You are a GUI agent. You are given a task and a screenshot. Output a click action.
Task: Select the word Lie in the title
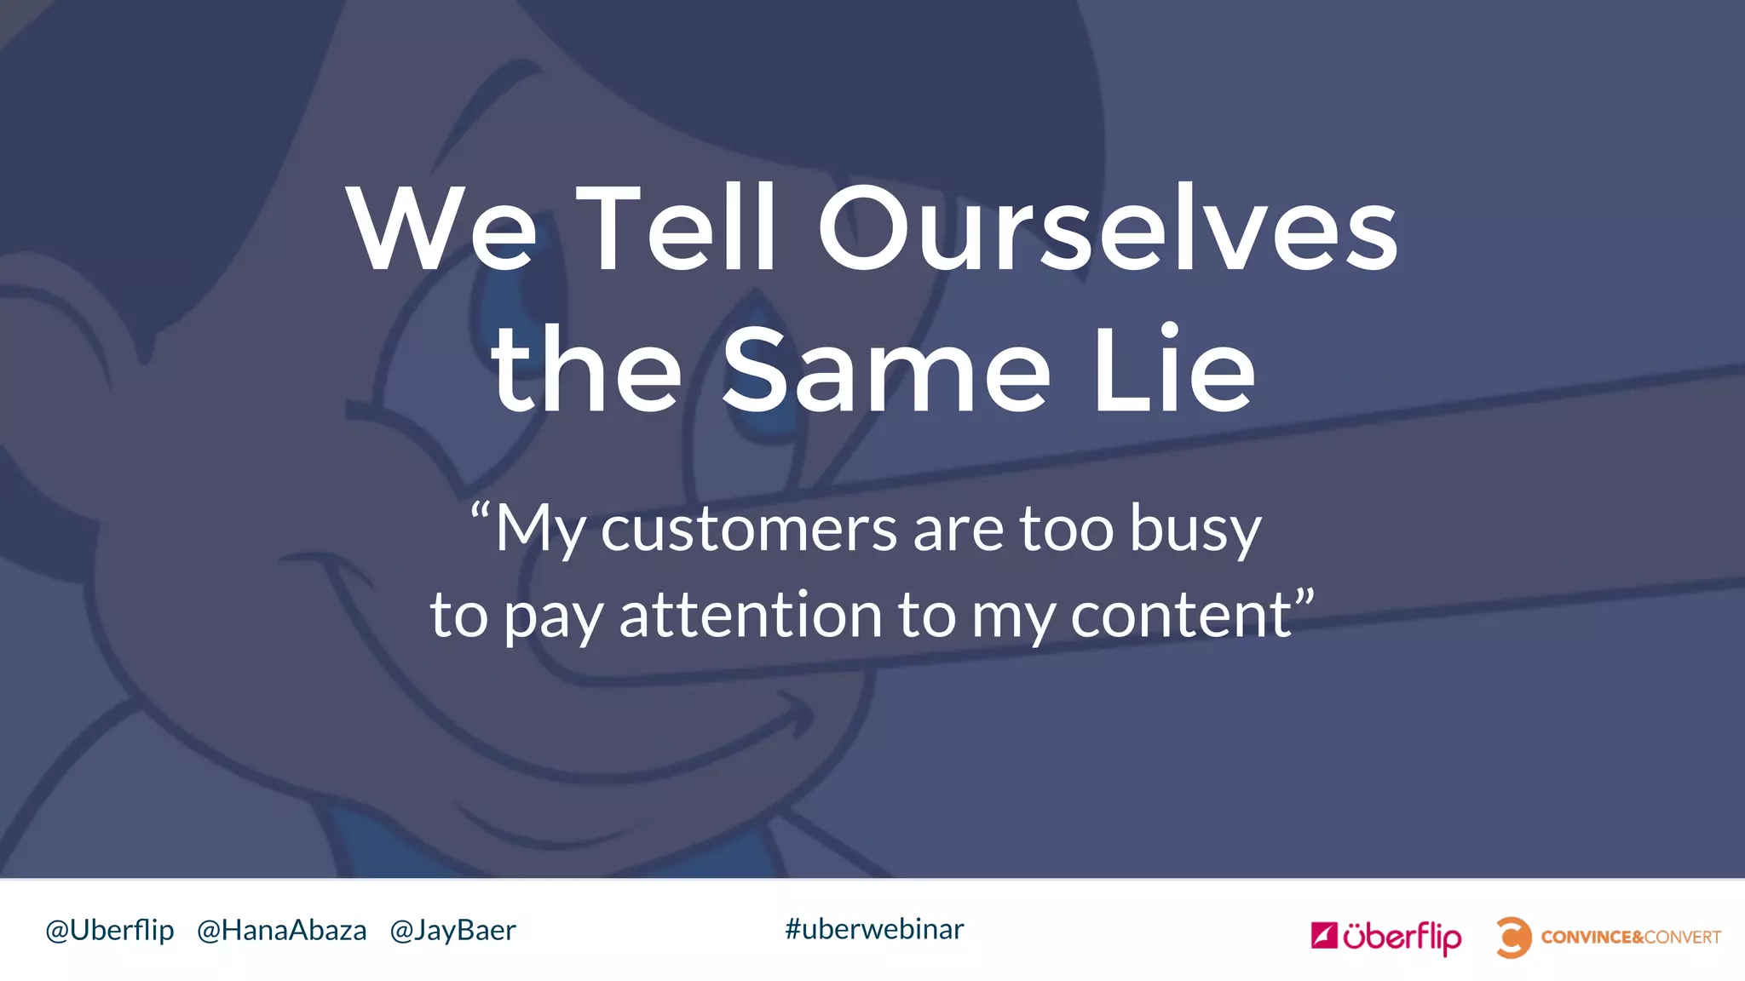click(x=1173, y=370)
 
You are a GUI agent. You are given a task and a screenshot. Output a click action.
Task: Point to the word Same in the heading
click(x=886, y=370)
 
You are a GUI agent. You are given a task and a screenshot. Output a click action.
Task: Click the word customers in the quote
click(x=749, y=529)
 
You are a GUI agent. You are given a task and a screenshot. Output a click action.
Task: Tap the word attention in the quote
click(x=751, y=615)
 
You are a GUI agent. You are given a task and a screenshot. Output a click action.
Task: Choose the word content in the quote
click(x=1181, y=615)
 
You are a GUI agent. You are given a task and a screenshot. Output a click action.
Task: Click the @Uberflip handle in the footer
click(x=110, y=930)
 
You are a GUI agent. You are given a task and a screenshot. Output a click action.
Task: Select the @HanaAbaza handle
click(x=281, y=930)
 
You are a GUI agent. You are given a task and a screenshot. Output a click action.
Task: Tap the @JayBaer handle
click(x=452, y=930)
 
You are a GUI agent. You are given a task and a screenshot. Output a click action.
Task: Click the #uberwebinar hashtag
click(x=874, y=929)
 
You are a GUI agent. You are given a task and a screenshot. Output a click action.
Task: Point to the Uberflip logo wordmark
click(x=1402, y=937)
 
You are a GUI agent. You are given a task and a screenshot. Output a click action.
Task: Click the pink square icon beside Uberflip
click(x=1323, y=935)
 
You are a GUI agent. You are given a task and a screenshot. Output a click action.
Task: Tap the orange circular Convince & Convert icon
click(x=1513, y=937)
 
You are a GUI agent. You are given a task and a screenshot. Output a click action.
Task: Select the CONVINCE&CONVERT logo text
click(x=1631, y=937)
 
